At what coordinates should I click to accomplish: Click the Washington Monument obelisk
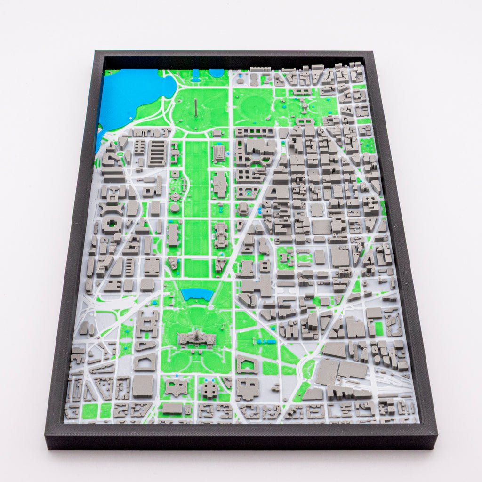tap(194, 109)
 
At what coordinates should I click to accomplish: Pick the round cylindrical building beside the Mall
tap(175, 207)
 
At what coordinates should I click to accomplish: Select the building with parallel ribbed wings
tap(157, 153)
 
